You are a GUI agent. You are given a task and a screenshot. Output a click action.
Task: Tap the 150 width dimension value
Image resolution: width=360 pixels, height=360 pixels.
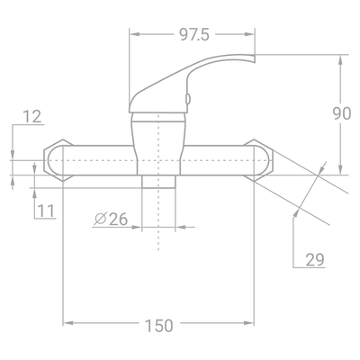(158, 325)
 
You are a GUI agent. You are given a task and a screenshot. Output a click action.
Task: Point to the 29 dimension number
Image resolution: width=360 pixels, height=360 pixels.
(315, 260)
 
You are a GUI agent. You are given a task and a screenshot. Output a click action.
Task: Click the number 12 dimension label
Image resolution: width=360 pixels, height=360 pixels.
(32, 116)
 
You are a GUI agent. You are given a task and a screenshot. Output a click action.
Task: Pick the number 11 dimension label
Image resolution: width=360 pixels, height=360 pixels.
(47, 211)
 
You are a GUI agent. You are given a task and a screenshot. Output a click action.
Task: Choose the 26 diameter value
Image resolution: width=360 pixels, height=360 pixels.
(118, 219)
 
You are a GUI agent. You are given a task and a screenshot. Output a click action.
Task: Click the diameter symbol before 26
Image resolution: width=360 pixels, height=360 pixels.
(99, 219)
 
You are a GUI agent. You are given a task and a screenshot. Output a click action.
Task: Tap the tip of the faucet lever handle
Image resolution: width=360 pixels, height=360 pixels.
(253, 59)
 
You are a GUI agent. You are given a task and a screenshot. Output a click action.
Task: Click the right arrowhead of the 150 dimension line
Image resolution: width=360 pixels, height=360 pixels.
(256, 325)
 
